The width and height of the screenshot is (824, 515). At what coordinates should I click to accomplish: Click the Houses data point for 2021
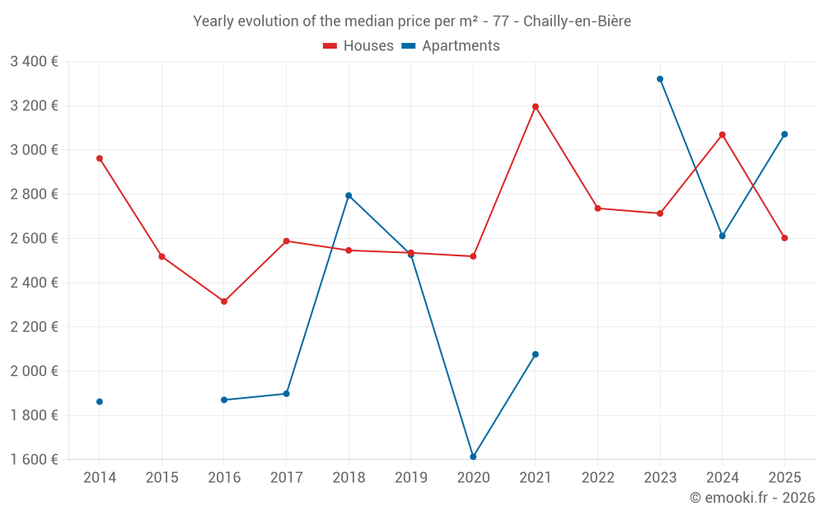click(536, 106)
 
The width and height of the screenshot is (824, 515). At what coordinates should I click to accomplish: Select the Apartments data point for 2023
click(660, 79)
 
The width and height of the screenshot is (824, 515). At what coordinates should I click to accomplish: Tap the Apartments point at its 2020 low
click(473, 456)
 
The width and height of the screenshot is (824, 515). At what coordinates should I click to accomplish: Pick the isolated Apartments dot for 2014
click(100, 401)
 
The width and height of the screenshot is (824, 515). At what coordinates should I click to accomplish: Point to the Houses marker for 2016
click(224, 302)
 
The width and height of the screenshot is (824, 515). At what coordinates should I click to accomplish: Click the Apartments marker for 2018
click(349, 195)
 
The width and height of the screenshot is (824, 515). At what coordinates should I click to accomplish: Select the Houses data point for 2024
click(723, 134)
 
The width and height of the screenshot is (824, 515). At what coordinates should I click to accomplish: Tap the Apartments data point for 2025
click(784, 134)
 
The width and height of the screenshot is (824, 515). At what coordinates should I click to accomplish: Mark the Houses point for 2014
click(100, 158)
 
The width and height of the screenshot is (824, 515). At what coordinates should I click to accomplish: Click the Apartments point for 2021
click(536, 354)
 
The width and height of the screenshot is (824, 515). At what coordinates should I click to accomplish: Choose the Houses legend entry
click(358, 46)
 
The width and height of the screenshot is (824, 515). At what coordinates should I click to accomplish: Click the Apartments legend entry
click(451, 46)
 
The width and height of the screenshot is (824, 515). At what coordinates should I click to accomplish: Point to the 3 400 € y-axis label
click(34, 61)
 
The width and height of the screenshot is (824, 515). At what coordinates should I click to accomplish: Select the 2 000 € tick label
click(34, 371)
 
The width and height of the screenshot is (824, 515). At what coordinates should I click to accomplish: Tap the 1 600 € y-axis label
click(34, 459)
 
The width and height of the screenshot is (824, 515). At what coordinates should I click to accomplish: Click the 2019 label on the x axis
click(410, 477)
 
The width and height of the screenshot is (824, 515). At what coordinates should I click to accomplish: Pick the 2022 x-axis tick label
click(597, 477)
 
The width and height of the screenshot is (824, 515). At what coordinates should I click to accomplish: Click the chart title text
click(412, 21)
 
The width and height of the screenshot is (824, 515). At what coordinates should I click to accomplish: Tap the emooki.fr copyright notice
click(751, 498)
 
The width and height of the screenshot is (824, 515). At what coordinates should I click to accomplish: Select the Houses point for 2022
click(597, 208)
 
